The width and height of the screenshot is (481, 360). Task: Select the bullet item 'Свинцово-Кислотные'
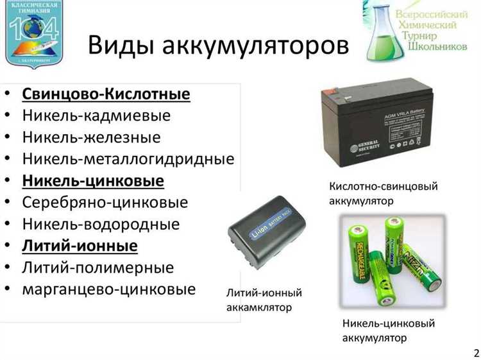click(x=106, y=95)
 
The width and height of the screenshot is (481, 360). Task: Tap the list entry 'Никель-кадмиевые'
click(x=96, y=116)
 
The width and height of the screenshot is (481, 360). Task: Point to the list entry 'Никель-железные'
click(x=91, y=137)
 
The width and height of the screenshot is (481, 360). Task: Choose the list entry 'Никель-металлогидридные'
click(x=128, y=159)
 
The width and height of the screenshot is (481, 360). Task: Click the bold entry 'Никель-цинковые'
click(x=93, y=180)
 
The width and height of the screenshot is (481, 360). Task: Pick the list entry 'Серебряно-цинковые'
click(x=105, y=202)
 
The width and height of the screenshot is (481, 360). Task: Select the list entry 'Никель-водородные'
click(x=101, y=224)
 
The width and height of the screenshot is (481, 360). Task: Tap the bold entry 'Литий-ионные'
click(x=80, y=246)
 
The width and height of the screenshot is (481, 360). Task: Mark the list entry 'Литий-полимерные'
click(x=97, y=267)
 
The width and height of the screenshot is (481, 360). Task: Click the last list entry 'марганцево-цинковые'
click(x=108, y=289)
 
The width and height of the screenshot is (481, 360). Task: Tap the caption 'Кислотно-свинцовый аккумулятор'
click(x=383, y=193)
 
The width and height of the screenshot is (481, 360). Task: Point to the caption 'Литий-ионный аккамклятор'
click(x=264, y=300)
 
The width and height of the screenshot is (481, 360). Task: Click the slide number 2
click(x=475, y=352)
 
